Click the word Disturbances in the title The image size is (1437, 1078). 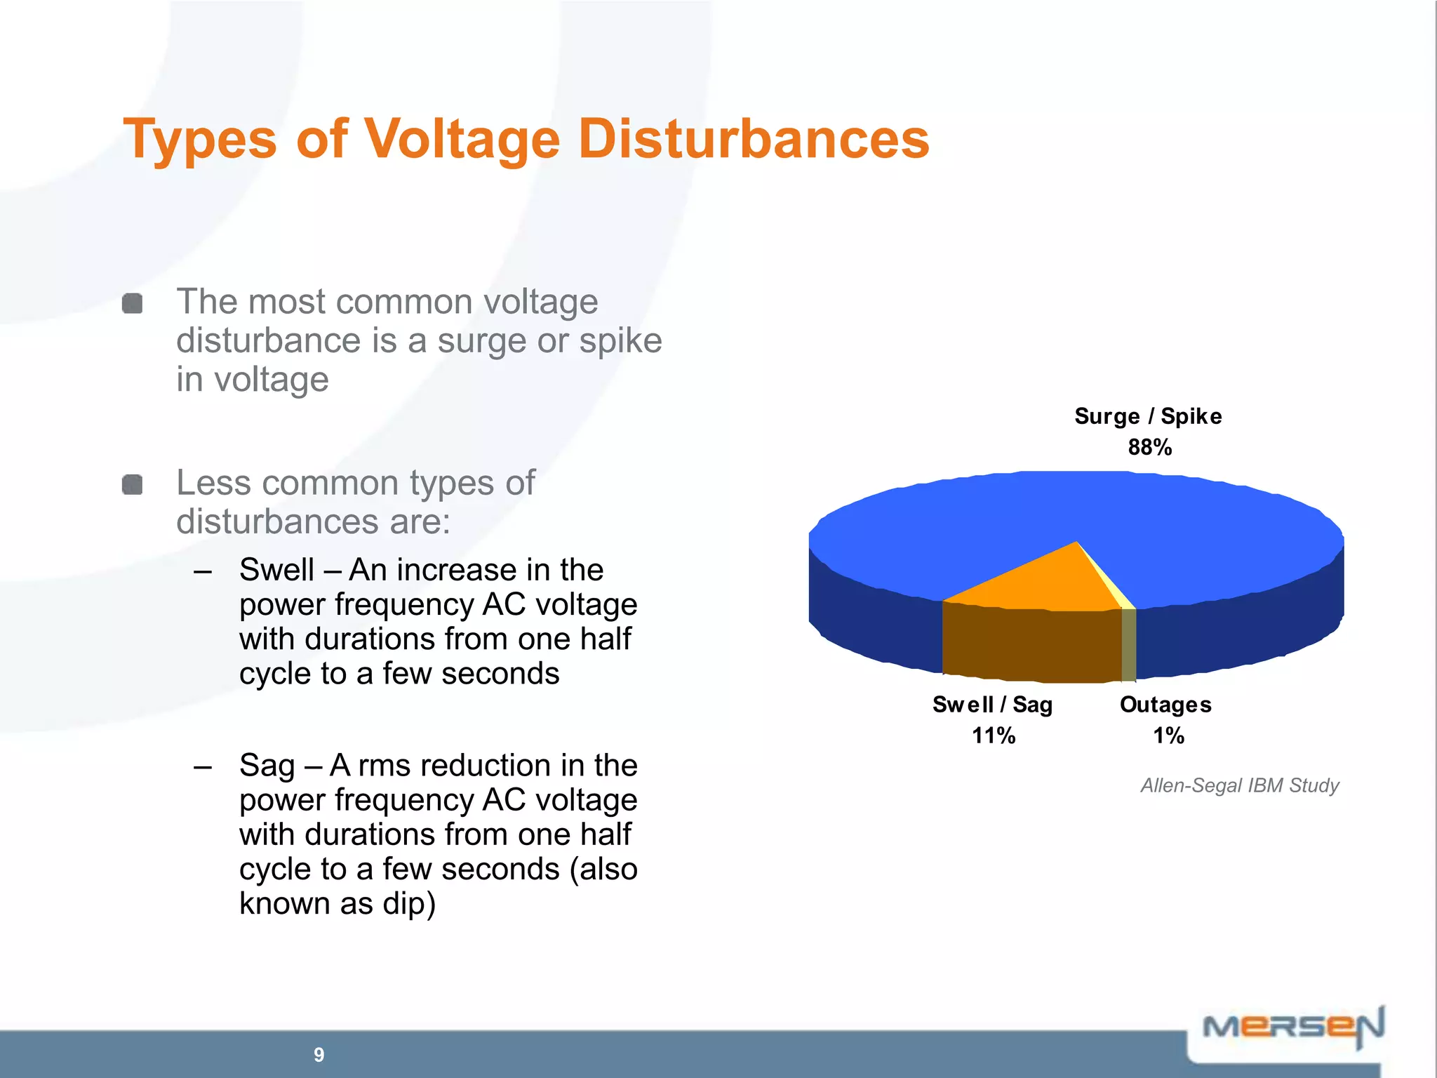[x=754, y=139]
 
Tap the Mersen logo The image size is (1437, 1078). [x=1292, y=1027]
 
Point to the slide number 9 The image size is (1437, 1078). [x=319, y=1054]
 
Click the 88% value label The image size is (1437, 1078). [x=1149, y=447]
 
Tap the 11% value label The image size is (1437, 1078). [x=993, y=736]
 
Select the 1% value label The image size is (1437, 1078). [x=1168, y=736]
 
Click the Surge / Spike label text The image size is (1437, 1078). [x=1148, y=416]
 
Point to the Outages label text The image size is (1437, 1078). [x=1165, y=705]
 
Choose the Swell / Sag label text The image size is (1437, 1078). [x=992, y=705]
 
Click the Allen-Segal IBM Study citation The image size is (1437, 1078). [x=1239, y=785]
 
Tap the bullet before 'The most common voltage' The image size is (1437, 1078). [x=132, y=304]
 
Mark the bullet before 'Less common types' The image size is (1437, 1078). [x=132, y=484]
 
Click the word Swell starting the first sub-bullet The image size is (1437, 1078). [x=276, y=570]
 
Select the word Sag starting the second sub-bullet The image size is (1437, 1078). [x=267, y=766]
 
